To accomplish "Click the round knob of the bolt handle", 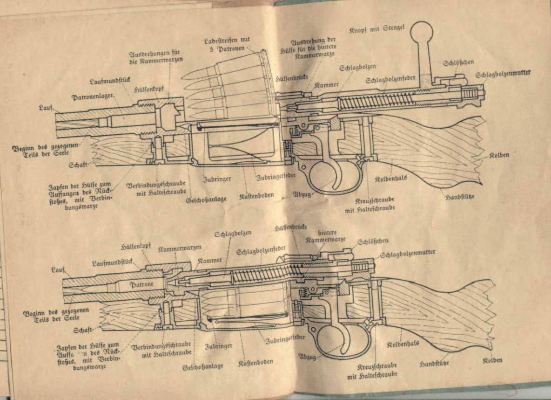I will (x=422, y=33).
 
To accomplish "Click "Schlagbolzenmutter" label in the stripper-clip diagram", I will (x=503, y=74).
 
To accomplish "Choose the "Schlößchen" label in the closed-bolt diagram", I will (x=372, y=241).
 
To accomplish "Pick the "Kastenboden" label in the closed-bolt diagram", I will (x=256, y=361).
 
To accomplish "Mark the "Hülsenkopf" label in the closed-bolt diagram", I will (x=135, y=246).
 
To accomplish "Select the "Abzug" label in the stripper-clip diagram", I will (x=301, y=193).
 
